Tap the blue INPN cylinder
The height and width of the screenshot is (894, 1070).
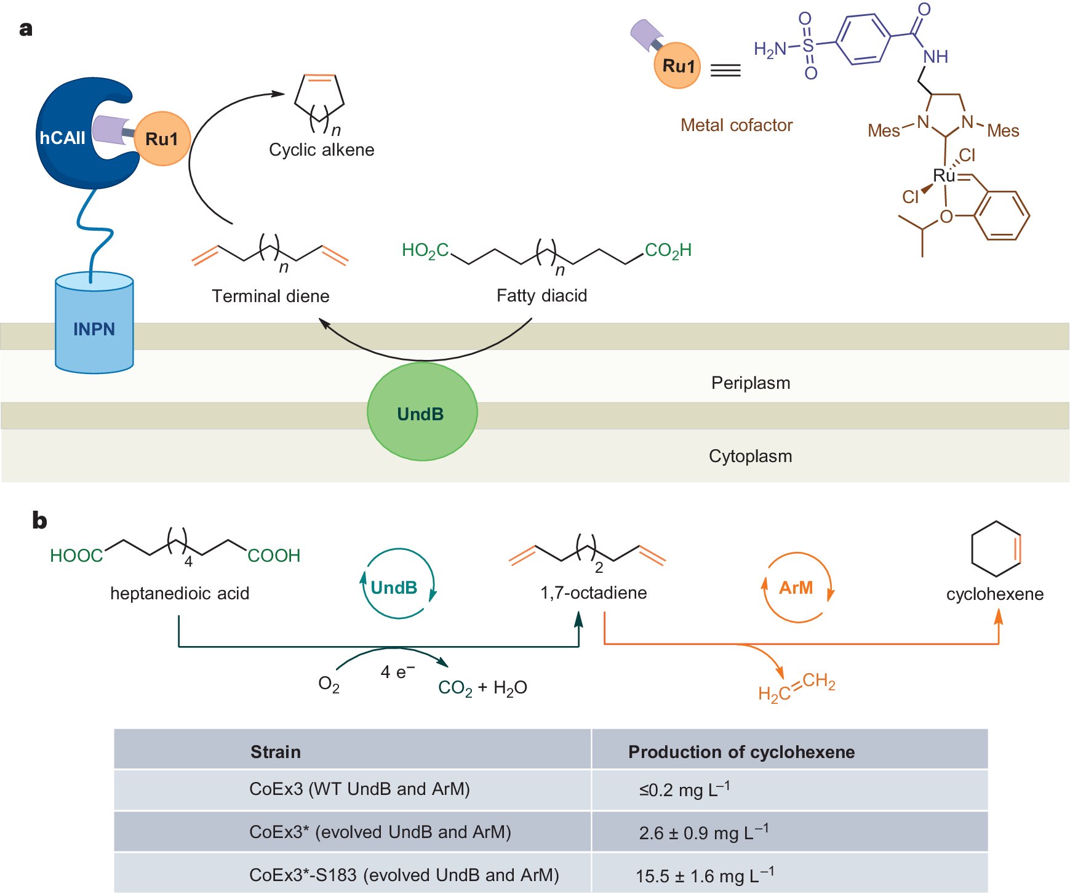coord(94,329)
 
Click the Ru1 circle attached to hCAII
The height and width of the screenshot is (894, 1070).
coord(162,138)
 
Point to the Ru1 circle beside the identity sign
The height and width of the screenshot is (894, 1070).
coord(677,66)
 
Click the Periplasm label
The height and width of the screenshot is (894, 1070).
coord(750,383)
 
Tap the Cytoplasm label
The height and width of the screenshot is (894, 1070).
coord(750,456)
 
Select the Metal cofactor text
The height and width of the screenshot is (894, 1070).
coord(736,125)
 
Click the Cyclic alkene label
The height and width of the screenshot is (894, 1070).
coord(321,150)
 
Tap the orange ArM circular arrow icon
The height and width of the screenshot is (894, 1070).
coord(796,588)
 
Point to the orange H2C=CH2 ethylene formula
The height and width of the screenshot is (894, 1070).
coord(796,687)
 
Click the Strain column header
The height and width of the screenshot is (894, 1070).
coord(275,751)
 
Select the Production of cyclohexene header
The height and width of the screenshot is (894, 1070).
coord(741,751)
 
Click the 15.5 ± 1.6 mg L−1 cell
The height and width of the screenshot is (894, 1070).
coord(705,875)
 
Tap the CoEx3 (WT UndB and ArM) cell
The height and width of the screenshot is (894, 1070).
coord(359,789)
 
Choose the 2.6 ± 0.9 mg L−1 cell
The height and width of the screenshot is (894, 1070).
coord(703,832)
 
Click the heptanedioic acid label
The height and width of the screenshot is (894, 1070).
coord(180,593)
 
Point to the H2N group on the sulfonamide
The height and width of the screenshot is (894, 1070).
coord(770,49)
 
